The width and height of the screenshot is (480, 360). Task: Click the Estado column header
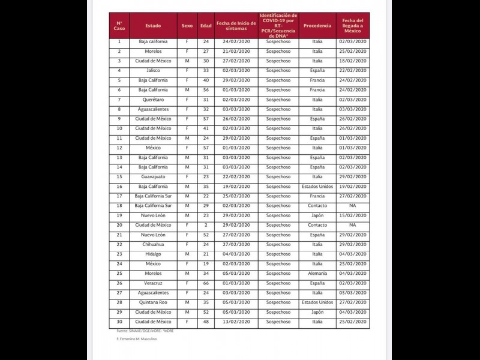153,26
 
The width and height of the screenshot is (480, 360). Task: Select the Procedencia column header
317,26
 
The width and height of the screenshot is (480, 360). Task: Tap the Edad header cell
206,26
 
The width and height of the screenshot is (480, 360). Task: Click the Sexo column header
187,26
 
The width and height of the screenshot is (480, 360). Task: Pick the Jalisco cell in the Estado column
153,71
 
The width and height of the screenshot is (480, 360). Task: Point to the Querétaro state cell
153,100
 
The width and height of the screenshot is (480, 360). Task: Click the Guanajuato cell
153,177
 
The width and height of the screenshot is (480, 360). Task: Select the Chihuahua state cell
153,244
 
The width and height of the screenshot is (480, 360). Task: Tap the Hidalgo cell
153,254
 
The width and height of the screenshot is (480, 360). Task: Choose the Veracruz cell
153,283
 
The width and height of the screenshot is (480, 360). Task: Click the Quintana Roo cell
153,302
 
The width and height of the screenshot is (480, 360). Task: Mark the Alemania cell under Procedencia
317,274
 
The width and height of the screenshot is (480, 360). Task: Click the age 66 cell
206,283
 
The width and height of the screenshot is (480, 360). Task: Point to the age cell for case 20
206,225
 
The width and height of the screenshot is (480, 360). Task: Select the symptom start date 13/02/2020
236,322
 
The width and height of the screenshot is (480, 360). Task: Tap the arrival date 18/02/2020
352,61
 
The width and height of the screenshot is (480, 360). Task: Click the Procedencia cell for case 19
317,215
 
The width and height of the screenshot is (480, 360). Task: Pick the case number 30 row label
119,322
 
